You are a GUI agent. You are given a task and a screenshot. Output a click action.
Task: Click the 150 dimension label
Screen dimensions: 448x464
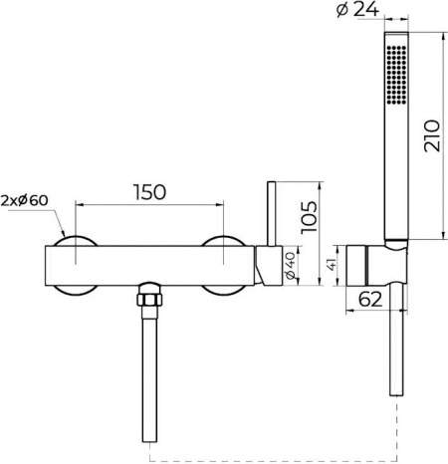(x=149, y=192)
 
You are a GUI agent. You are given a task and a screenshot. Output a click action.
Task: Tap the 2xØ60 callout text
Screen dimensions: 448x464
(x=24, y=200)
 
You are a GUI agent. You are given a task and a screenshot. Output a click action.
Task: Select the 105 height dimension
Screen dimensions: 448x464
(x=310, y=217)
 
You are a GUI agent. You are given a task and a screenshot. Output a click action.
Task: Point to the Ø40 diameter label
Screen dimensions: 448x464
(x=290, y=265)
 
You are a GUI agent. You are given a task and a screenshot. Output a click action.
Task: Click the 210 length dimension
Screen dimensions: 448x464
(x=432, y=135)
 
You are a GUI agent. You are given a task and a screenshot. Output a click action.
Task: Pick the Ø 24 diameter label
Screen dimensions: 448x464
(x=357, y=9)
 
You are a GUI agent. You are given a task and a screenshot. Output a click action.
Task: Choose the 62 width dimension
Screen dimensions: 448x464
(x=370, y=300)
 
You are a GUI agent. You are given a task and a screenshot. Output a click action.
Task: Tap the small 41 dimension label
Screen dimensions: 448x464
(x=332, y=265)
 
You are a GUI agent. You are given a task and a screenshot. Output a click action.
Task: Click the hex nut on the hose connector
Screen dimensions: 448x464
(x=149, y=300)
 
